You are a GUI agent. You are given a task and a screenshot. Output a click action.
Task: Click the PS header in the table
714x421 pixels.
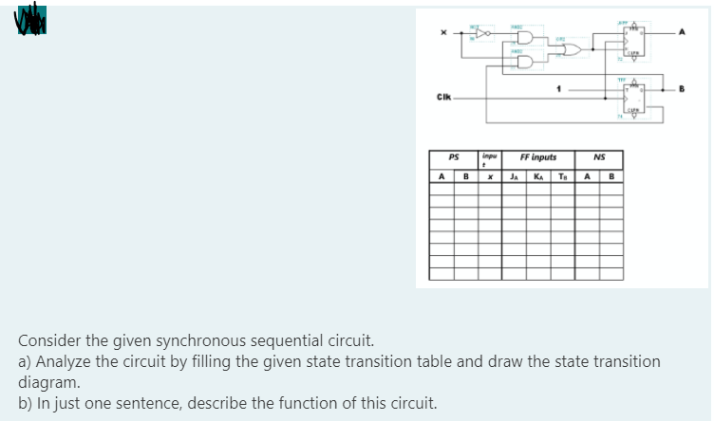[x=454, y=157]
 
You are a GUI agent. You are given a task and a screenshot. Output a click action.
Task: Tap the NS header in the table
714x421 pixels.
[x=598, y=157]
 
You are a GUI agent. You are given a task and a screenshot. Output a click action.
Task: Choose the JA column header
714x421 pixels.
[x=514, y=174]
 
